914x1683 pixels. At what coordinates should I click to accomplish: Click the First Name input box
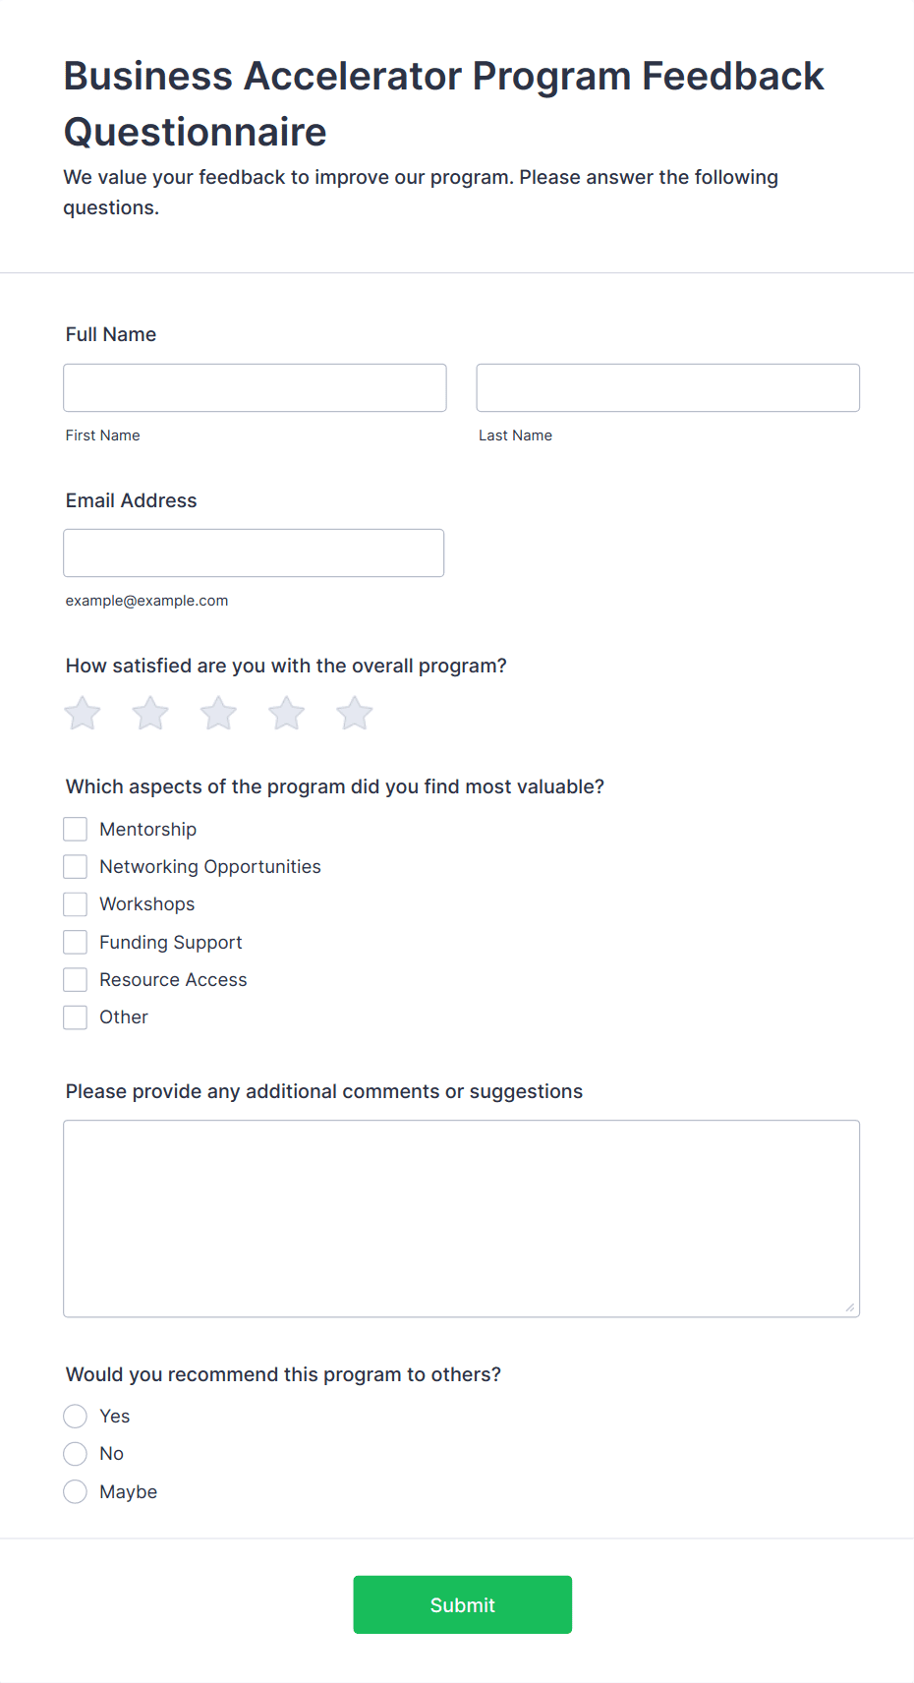point(255,387)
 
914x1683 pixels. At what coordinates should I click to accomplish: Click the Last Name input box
point(667,387)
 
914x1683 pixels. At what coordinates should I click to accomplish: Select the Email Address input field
point(254,552)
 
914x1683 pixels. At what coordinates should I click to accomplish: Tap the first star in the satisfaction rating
point(83,714)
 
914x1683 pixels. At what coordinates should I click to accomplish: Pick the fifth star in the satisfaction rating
point(355,714)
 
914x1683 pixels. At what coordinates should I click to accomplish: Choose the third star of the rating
point(218,714)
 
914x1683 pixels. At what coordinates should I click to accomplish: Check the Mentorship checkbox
point(76,829)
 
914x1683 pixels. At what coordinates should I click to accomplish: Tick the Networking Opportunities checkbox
point(76,866)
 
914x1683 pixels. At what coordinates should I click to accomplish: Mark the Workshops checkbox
point(76,903)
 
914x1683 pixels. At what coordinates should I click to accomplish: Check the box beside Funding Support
point(76,942)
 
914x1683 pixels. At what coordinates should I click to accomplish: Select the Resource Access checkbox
point(76,979)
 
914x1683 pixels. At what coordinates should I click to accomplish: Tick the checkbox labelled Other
point(76,1016)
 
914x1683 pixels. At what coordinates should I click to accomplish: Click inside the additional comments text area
point(461,1218)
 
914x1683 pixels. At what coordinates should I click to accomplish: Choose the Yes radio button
point(76,1416)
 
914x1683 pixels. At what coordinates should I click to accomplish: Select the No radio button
point(76,1453)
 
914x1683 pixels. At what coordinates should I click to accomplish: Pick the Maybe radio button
point(76,1491)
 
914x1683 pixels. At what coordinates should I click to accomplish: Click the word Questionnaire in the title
point(196,132)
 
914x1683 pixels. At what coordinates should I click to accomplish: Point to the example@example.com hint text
point(146,601)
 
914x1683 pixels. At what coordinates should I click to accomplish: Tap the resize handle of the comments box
point(850,1307)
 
